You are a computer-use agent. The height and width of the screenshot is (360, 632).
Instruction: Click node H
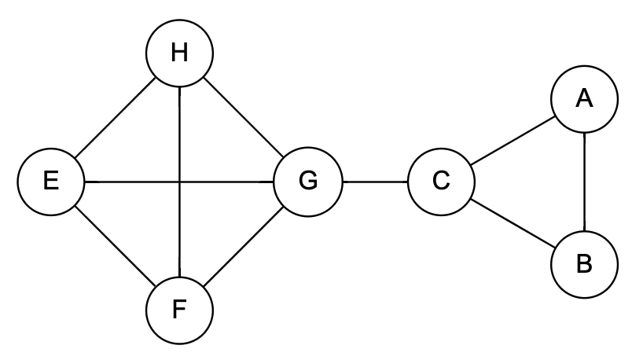click(180, 53)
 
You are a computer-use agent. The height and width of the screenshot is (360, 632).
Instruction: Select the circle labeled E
click(51, 182)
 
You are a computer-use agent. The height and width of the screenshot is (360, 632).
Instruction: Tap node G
click(308, 182)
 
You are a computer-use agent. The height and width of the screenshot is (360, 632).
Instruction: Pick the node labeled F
click(180, 310)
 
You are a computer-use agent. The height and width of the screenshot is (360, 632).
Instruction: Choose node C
click(441, 182)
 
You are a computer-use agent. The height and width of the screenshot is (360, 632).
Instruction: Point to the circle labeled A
click(583, 99)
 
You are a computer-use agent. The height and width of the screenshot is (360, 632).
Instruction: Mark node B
click(583, 264)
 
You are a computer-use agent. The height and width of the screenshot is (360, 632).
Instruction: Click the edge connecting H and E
click(116, 118)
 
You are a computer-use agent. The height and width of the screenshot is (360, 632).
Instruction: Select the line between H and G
click(244, 118)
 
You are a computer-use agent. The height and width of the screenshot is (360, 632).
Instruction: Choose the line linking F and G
click(244, 245)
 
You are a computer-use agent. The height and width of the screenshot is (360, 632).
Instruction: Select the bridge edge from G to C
click(375, 182)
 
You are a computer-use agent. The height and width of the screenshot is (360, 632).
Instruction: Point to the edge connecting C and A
click(513, 141)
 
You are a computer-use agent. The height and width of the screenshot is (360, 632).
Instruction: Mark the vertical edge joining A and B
click(583, 182)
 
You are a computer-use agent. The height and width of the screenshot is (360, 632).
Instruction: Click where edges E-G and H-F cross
click(180, 182)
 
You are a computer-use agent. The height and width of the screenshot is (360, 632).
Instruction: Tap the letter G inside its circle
click(308, 182)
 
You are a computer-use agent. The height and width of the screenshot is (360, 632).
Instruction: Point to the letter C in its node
click(441, 182)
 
